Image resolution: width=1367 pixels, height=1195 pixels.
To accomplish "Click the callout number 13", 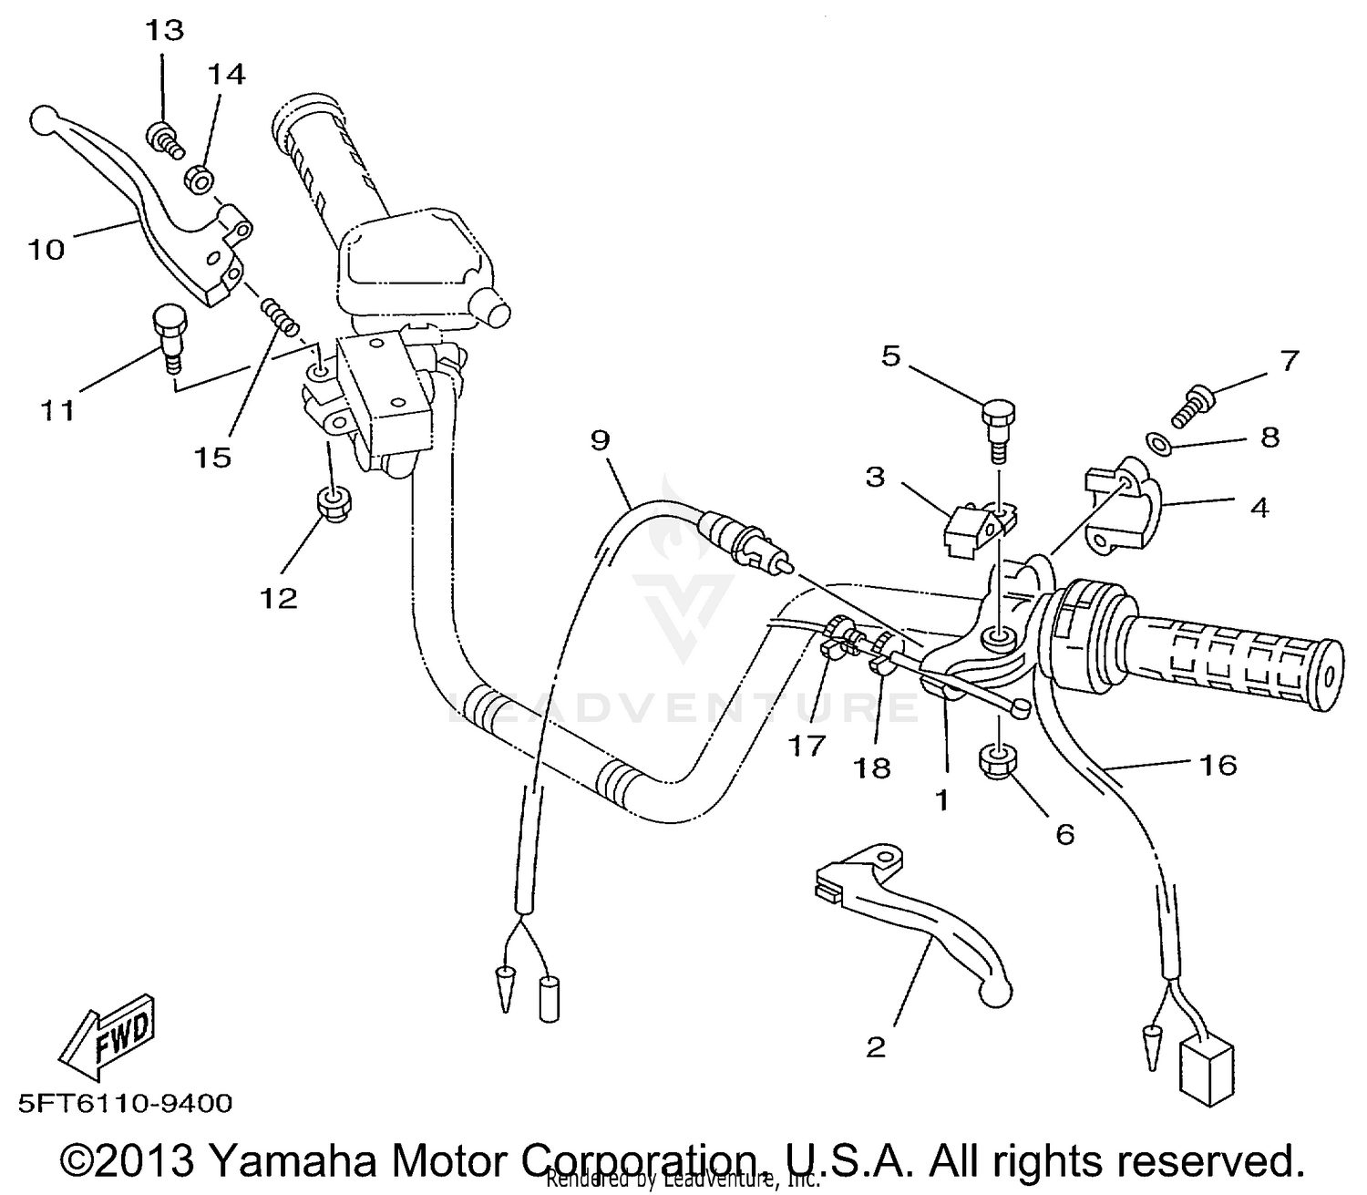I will point(164,31).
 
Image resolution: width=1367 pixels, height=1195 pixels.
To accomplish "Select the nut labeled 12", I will point(332,503).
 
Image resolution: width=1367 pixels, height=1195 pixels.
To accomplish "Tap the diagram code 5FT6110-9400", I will point(125,1104).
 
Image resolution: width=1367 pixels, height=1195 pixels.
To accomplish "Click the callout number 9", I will point(599,440).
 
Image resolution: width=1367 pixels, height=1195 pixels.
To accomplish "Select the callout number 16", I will point(1218,764).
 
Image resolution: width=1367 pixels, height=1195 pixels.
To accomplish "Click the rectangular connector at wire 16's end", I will point(1206,1069).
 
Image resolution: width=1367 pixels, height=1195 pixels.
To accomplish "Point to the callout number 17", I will point(807,746).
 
